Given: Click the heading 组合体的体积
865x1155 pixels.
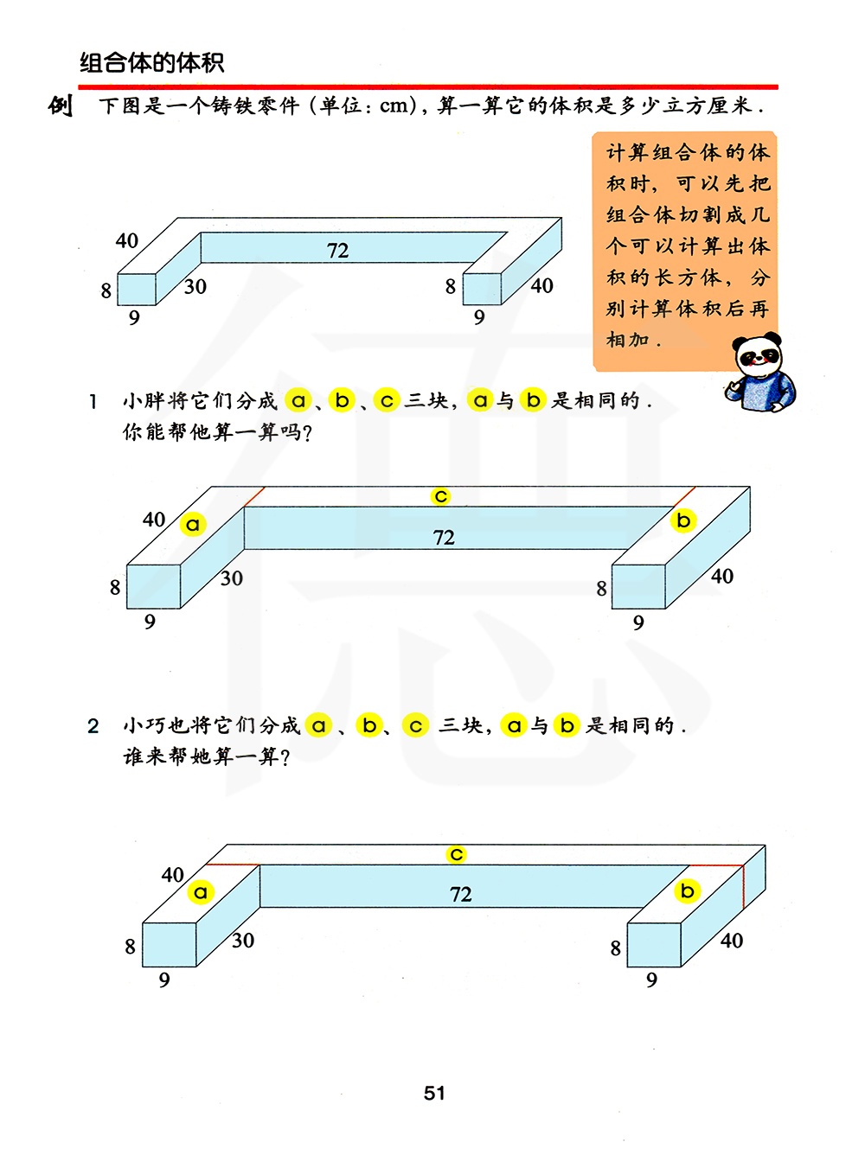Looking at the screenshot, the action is click(151, 62).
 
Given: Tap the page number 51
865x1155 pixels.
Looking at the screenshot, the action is click(434, 1093).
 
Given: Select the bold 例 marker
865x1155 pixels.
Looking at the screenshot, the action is click(60, 105).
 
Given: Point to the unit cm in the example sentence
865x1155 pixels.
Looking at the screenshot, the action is click(394, 105).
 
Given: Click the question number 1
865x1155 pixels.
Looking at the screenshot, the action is click(93, 402).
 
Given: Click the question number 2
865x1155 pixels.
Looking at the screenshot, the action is click(93, 726).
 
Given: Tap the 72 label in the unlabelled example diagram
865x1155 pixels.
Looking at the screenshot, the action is click(337, 250).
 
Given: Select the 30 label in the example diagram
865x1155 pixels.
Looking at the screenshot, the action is click(195, 287).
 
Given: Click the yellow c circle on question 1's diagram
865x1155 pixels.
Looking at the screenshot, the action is click(440, 495).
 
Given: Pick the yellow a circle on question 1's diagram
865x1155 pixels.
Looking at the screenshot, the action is click(193, 524).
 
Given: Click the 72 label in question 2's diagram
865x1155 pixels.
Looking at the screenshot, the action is click(461, 894).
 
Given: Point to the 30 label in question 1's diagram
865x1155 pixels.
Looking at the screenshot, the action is click(232, 578).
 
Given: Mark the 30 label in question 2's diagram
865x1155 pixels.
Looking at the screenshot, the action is click(243, 941).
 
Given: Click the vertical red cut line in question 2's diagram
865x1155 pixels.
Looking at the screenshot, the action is click(743, 887).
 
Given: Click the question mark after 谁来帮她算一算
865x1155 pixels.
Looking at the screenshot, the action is click(285, 757).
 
